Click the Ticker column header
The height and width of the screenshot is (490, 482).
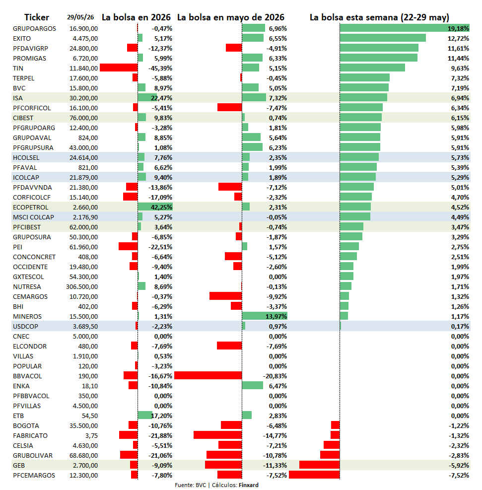[37, 17]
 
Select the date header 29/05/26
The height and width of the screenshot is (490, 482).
[80, 17]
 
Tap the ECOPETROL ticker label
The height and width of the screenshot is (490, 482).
[31, 207]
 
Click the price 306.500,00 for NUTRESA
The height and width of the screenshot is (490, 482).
[82, 286]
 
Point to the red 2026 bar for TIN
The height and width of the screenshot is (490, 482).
[119, 68]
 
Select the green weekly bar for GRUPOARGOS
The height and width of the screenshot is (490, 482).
[405, 28]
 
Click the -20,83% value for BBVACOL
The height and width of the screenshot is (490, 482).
[275, 376]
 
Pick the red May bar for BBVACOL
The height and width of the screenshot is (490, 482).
[208, 375]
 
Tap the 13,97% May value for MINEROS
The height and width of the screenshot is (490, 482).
[276, 316]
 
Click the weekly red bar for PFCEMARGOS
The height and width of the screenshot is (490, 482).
[314, 475]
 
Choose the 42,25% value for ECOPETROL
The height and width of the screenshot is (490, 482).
[161, 207]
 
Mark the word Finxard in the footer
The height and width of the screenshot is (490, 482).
[249, 485]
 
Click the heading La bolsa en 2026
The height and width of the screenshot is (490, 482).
[136, 17]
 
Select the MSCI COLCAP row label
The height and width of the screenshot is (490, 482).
[33, 217]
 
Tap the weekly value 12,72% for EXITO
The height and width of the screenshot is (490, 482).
[458, 38]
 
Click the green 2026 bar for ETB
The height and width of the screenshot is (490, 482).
[145, 415]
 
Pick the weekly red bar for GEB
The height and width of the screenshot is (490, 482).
[320, 465]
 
